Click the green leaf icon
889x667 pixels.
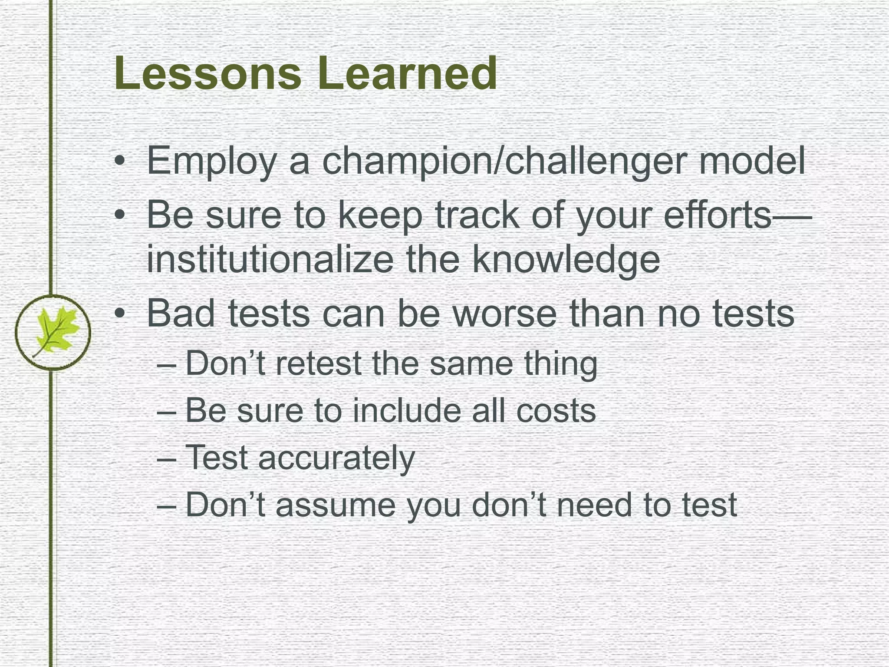pyautogui.click(x=53, y=332)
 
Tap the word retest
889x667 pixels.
pyautogui.click(x=318, y=363)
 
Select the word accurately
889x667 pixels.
pyautogui.click(x=336, y=458)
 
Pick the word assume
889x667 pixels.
pyautogui.click(x=336, y=505)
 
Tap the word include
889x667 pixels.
pyautogui.click(x=407, y=410)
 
